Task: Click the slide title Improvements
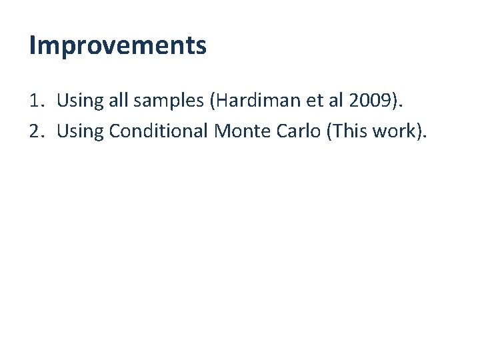click(x=118, y=46)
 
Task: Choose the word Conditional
click(x=159, y=131)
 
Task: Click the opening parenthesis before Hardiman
click(x=213, y=101)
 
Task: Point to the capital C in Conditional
click(x=115, y=131)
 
